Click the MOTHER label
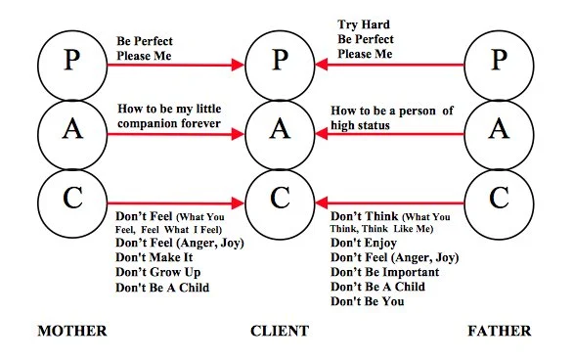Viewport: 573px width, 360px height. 71,332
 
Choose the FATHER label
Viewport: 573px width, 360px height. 499,332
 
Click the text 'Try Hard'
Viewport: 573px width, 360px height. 362,24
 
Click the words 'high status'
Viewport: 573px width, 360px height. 362,125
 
